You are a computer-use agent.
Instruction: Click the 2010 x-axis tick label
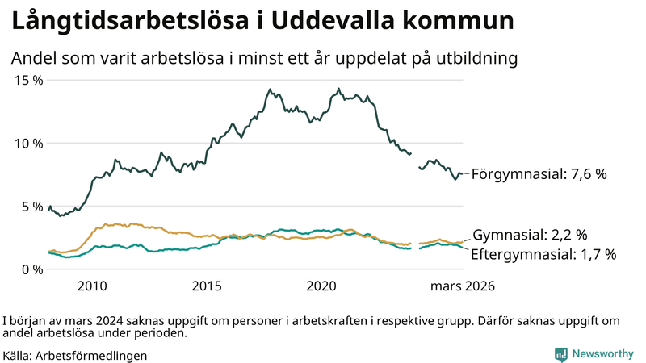(x=92, y=286)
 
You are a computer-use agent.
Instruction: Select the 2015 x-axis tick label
(x=207, y=286)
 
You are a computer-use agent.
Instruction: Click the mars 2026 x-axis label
(x=463, y=286)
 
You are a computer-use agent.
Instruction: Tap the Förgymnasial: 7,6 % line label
(x=539, y=173)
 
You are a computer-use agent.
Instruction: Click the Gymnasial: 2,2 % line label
(x=530, y=235)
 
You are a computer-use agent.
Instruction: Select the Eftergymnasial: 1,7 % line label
(x=543, y=254)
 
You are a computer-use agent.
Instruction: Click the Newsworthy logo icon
(x=561, y=354)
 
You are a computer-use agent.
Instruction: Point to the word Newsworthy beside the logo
(x=603, y=354)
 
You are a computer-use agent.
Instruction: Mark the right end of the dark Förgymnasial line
(x=463, y=173)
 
